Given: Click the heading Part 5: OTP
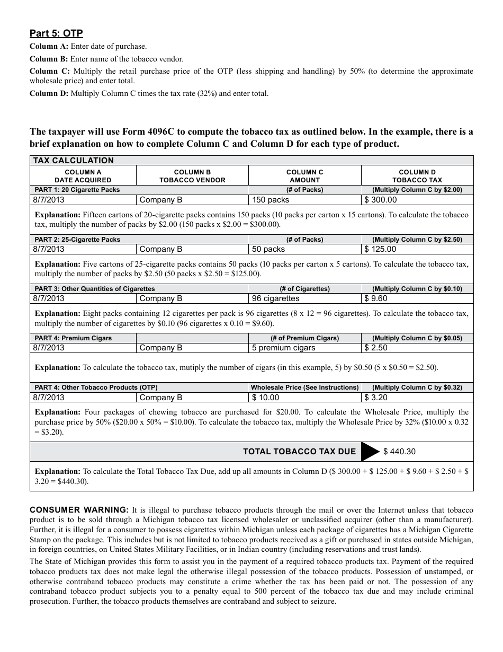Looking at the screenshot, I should coord(56,34).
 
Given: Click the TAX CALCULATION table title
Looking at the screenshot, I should coord(74,161).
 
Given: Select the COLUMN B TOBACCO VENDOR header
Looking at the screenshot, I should coord(192,176).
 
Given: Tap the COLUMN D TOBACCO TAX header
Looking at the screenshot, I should coord(417,176).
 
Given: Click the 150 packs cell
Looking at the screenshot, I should coord(271,200).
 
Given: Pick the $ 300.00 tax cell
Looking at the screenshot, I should coord(381,200).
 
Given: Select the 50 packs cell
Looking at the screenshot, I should coord(268,249).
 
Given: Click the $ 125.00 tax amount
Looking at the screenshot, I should coord(381,249).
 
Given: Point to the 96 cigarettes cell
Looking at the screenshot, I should coord(275,298).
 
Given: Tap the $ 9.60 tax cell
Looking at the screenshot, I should coord(376,298).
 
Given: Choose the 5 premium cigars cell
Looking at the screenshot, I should coord(283,348).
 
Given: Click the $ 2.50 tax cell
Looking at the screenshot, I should coord(376,348).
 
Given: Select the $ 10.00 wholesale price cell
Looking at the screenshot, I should coord(266,398).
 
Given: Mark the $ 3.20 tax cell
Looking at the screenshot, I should coord(376,398).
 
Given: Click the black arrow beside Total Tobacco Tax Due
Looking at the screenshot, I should coord(370,452).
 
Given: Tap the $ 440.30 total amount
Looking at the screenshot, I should coord(399,452).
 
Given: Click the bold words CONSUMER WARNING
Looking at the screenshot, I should coord(79,509).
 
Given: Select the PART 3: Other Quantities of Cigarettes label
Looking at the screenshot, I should coord(95,289).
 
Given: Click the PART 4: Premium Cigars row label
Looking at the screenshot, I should coord(73,338).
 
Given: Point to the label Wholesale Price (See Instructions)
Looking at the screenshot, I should coord(304,387).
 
